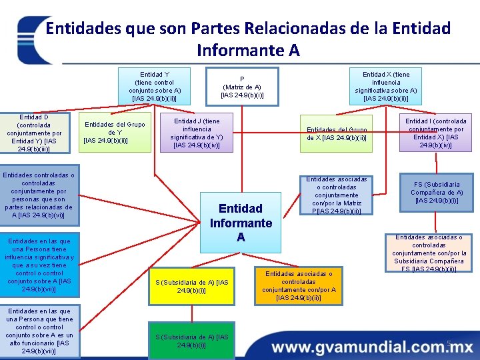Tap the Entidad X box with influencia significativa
point(386,86)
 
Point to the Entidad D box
point(33,133)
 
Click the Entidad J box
point(197,133)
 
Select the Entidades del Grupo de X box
point(336,133)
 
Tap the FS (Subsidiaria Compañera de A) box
point(437,192)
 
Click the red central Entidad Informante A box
point(241,223)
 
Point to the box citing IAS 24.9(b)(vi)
point(39,195)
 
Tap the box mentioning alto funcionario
point(39,331)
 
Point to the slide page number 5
point(449,344)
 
